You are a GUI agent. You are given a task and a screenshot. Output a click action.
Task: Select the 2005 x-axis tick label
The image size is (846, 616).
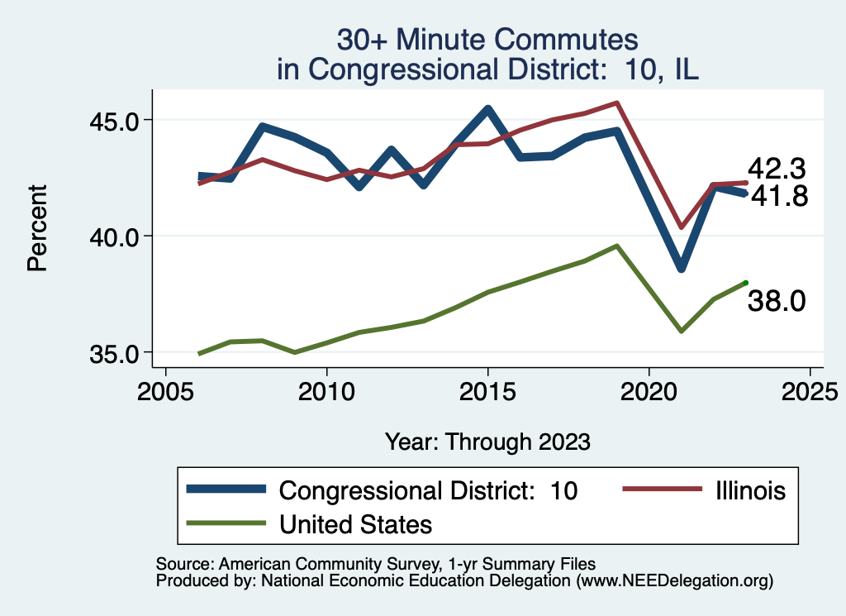tap(166, 390)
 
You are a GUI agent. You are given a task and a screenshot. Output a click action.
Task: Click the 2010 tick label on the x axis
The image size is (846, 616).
tap(327, 390)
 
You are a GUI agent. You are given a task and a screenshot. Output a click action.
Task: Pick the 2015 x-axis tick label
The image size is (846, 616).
tap(488, 390)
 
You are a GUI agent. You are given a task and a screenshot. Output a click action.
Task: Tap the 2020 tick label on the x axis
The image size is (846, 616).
tap(649, 390)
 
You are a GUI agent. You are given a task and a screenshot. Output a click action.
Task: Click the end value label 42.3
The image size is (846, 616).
tap(777, 169)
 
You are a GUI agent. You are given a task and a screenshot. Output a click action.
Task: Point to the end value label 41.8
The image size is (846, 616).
tap(777, 197)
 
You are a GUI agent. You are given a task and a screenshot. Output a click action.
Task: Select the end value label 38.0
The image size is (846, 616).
tap(777, 302)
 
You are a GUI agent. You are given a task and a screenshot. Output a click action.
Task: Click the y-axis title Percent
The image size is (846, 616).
tap(36, 228)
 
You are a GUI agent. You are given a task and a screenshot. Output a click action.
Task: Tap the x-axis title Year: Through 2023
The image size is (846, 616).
tap(487, 442)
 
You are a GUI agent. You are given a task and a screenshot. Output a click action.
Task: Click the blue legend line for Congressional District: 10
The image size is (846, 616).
tap(226, 489)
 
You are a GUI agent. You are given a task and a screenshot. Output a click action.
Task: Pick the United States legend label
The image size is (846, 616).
tap(355, 524)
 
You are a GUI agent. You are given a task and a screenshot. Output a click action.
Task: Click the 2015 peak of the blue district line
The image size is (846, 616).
tap(488, 109)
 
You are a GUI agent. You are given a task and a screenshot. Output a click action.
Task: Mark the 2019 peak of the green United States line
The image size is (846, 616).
tap(616, 246)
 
